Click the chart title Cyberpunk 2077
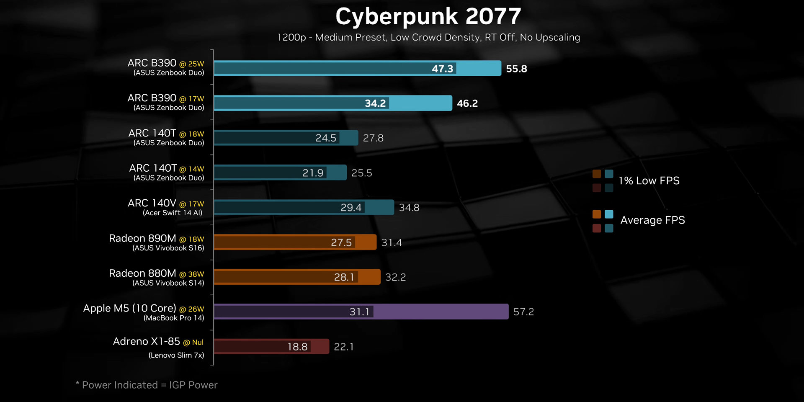(x=428, y=17)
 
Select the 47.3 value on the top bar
(x=442, y=69)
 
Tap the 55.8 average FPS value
(x=516, y=69)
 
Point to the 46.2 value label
(x=467, y=103)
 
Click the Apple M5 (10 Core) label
(x=129, y=308)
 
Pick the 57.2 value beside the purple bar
(x=523, y=312)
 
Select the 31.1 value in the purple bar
(x=359, y=312)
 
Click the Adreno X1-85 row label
(x=146, y=342)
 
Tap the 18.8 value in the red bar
(x=297, y=347)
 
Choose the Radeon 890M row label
(x=142, y=238)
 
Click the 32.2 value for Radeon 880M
(x=395, y=277)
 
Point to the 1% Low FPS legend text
(x=649, y=181)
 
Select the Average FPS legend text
(x=652, y=220)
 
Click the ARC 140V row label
(x=152, y=203)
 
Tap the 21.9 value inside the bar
(x=313, y=173)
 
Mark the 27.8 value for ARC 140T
(x=373, y=138)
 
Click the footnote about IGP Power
(x=147, y=385)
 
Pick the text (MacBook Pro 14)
(x=174, y=318)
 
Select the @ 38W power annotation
(x=192, y=274)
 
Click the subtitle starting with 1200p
(x=428, y=38)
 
